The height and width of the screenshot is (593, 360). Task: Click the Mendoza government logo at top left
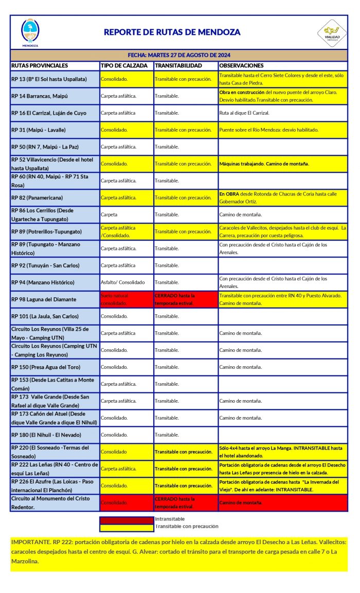coord(30,32)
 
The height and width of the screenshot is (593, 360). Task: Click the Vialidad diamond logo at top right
coord(332,32)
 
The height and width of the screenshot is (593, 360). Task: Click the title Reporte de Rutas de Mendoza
coord(172,32)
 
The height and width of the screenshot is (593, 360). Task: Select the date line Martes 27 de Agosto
coord(178,55)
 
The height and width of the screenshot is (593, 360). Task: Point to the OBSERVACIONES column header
coord(241,66)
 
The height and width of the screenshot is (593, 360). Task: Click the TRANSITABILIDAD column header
coord(178,66)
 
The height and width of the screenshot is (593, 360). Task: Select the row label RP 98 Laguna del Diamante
coord(43,299)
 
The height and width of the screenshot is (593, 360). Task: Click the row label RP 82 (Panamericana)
coord(37,197)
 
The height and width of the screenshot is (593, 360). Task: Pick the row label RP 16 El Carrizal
coord(48,113)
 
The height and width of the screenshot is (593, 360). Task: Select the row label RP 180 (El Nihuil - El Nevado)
coord(46,435)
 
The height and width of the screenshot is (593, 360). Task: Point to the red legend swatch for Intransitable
coord(127,519)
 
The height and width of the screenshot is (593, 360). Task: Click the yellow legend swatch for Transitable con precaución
coord(127,527)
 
